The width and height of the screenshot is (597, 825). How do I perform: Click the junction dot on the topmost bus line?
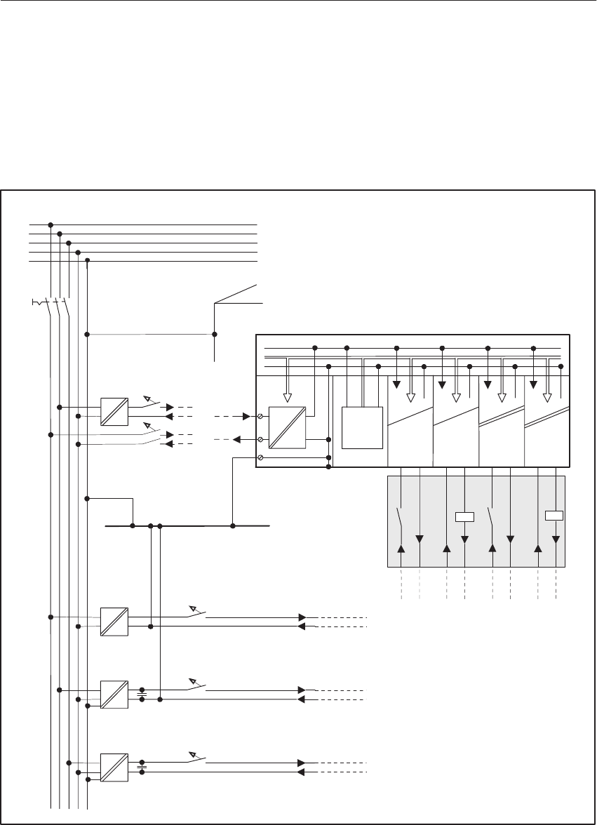pyautogui.click(x=51, y=225)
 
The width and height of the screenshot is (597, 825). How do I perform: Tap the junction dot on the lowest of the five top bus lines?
pyautogui.click(x=87, y=261)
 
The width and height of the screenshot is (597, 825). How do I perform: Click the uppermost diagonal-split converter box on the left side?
pyautogui.click(x=114, y=412)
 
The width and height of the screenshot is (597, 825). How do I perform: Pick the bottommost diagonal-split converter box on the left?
pyautogui.click(x=114, y=767)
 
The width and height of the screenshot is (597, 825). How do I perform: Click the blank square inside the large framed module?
pyautogui.click(x=363, y=427)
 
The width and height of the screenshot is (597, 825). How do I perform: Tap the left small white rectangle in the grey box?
pyautogui.click(x=464, y=517)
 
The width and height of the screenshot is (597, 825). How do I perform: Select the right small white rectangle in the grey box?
pyautogui.click(x=555, y=516)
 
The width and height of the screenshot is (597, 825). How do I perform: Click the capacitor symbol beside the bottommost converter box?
pyautogui.click(x=142, y=767)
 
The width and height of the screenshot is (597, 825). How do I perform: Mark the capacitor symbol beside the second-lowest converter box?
pyautogui.click(x=142, y=694)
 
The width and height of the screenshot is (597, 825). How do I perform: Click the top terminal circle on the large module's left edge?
pyautogui.click(x=260, y=417)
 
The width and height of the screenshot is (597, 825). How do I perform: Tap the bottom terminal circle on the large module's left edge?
pyautogui.click(x=260, y=457)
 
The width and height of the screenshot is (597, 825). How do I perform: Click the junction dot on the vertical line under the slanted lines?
pyautogui.click(x=215, y=334)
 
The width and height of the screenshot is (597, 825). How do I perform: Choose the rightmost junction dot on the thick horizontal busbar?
pyautogui.click(x=233, y=525)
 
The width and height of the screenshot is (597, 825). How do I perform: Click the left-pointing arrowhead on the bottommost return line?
pyautogui.click(x=302, y=772)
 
